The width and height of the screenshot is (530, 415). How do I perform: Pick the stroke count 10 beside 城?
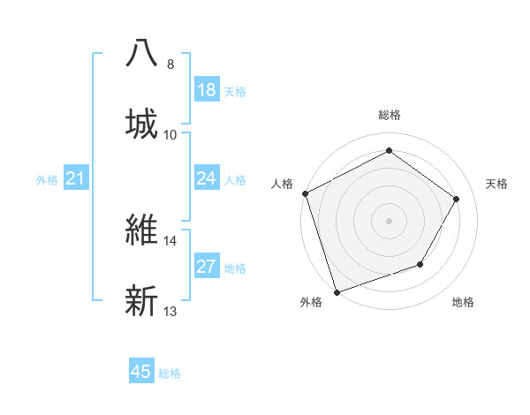tap(170, 134)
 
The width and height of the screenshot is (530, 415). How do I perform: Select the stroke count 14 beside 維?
tap(170, 240)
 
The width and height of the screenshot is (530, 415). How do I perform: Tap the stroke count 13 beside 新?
tap(170, 311)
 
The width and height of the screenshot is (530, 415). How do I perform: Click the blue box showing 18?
tap(206, 90)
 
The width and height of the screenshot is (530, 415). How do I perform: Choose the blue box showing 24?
tap(206, 178)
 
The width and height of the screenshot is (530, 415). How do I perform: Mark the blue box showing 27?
tap(206, 267)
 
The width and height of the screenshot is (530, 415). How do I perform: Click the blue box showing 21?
tap(75, 179)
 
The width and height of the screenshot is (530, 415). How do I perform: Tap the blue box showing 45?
tap(141, 372)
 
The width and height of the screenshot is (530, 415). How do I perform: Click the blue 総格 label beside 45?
tap(170, 373)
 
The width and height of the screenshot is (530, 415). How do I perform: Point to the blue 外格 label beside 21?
tap(47, 180)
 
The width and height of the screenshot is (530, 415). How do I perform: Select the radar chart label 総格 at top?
tap(390, 115)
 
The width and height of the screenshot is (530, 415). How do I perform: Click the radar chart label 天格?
tap(496, 184)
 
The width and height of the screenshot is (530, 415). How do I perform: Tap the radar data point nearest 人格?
tap(305, 193)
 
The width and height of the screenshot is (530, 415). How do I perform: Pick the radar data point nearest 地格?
tap(420, 264)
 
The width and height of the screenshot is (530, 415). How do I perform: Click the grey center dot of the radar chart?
tap(389, 221)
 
